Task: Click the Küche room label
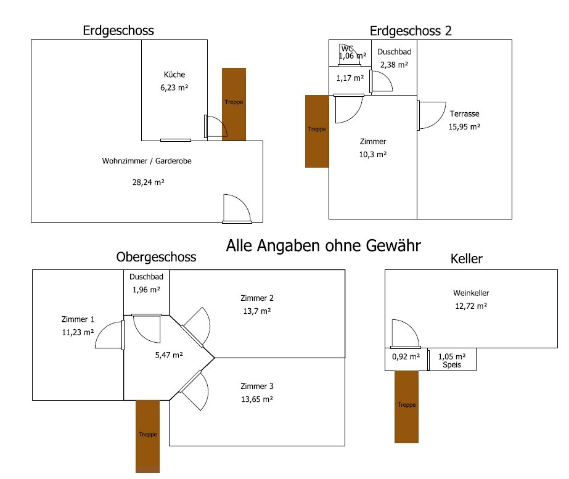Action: click(x=174, y=75)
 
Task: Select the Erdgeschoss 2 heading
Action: click(x=411, y=31)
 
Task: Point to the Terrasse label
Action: click(x=464, y=114)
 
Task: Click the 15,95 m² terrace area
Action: click(x=464, y=127)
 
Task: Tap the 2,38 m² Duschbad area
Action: click(x=394, y=64)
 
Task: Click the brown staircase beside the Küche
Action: click(x=234, y=104)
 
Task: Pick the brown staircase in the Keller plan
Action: click(x=406, y=406)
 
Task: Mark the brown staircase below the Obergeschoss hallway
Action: click(x=148, y=435)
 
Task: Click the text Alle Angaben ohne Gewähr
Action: click(x=324, y=246)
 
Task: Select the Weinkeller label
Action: click(x=471, y=293)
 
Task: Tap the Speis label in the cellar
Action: click(x=452, y=366)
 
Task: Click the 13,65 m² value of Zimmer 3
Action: click(x=257, y=399)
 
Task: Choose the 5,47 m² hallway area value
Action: click(x=168, y=354)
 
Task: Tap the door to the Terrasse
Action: click(x=432, y=115)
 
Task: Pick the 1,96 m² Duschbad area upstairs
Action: click(x=146, y=289)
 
